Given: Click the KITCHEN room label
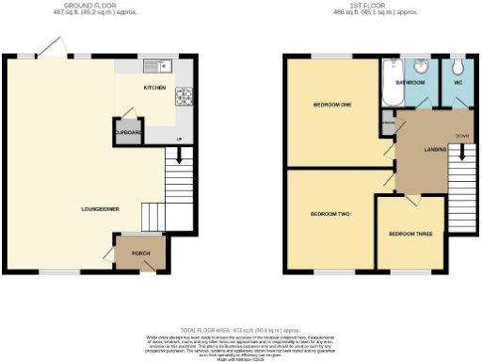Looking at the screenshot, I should [x=154, y=88].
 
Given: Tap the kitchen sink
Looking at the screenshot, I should [x=156, y=66].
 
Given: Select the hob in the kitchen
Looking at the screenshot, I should [x=183, y=94].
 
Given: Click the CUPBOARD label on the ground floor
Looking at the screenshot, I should [x=126, y=133].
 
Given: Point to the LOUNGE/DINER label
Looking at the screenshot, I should [x=99, y=208].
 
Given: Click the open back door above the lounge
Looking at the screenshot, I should [x=54, y=48].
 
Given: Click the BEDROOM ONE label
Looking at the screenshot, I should [x=333, y=105].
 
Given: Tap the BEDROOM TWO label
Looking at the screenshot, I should [x=329, y=214].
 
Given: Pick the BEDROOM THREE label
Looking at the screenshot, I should [x=410, y=232].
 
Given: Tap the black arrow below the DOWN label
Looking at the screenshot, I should [x=461, y=151].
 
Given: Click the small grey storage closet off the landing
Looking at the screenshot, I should [x=387, y=122].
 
